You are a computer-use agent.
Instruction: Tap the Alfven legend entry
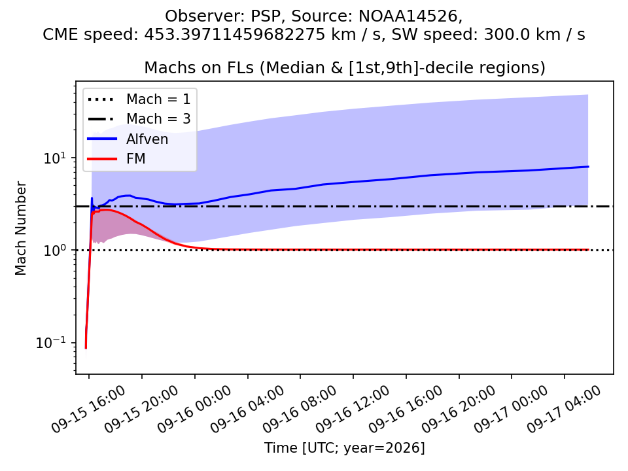(x=128, y=139)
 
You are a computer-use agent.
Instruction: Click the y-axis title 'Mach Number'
(x=20, y=228)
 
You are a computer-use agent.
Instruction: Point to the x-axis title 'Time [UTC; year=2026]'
(x=345, y=447)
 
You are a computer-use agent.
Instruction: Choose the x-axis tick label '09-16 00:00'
(x=194, y=409)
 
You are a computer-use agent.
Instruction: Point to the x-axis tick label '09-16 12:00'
(x=352, y=409)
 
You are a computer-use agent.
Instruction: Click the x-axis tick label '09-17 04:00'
(x=563, y=409)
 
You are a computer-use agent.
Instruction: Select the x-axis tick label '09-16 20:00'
(x=458, y=409)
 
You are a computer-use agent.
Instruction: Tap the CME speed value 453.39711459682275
(x=235, y=35)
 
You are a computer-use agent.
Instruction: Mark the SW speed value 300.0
(x=502, y=35)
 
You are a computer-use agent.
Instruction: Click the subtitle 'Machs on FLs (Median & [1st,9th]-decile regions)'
(x=345, y=67)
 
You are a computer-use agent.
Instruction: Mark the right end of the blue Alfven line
(x=588, y=166)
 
